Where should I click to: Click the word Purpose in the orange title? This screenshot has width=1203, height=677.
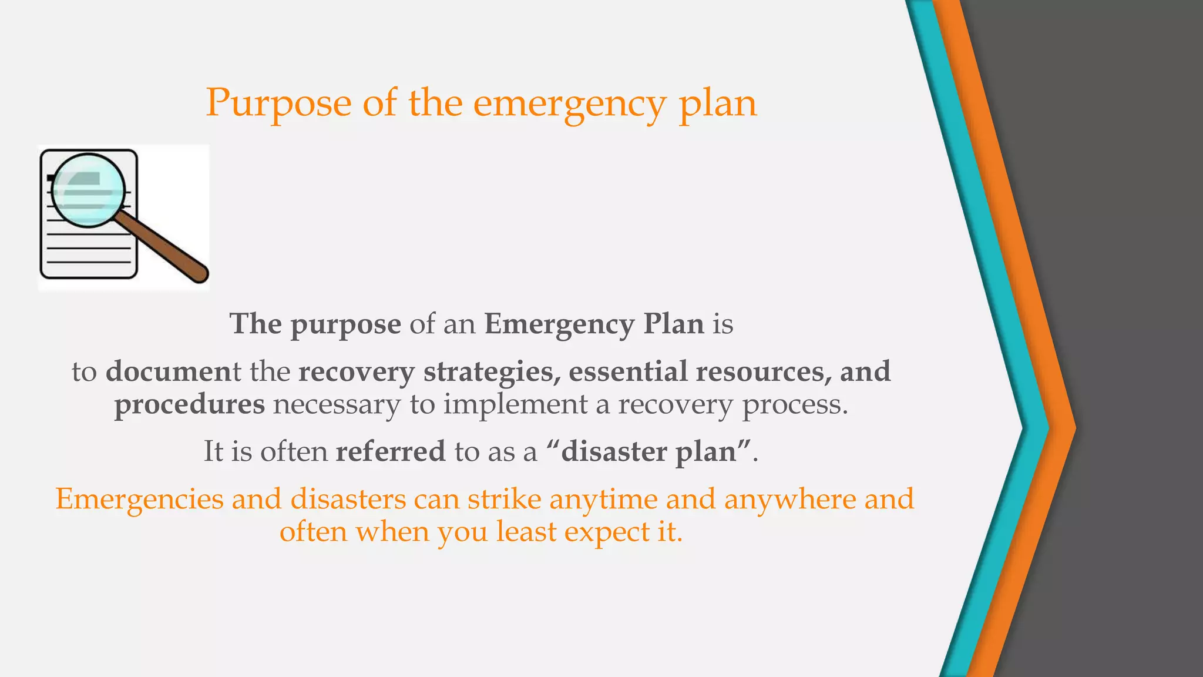click(278, 103)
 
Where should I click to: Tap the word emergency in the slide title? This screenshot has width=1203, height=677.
click(569, 103)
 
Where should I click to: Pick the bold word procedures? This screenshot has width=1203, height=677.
click(189, 405)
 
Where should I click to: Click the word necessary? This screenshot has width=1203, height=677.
click(337, 405)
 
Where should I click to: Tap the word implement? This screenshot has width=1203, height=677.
click(515, 405)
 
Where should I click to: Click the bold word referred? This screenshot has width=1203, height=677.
click(391, 452)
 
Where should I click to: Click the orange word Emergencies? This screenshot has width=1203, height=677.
click(139, 499)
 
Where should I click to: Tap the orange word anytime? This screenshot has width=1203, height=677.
click(603, 500)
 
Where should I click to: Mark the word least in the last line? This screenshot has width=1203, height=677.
click(526, 532)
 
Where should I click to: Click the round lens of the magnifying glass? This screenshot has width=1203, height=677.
click(88, 189)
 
